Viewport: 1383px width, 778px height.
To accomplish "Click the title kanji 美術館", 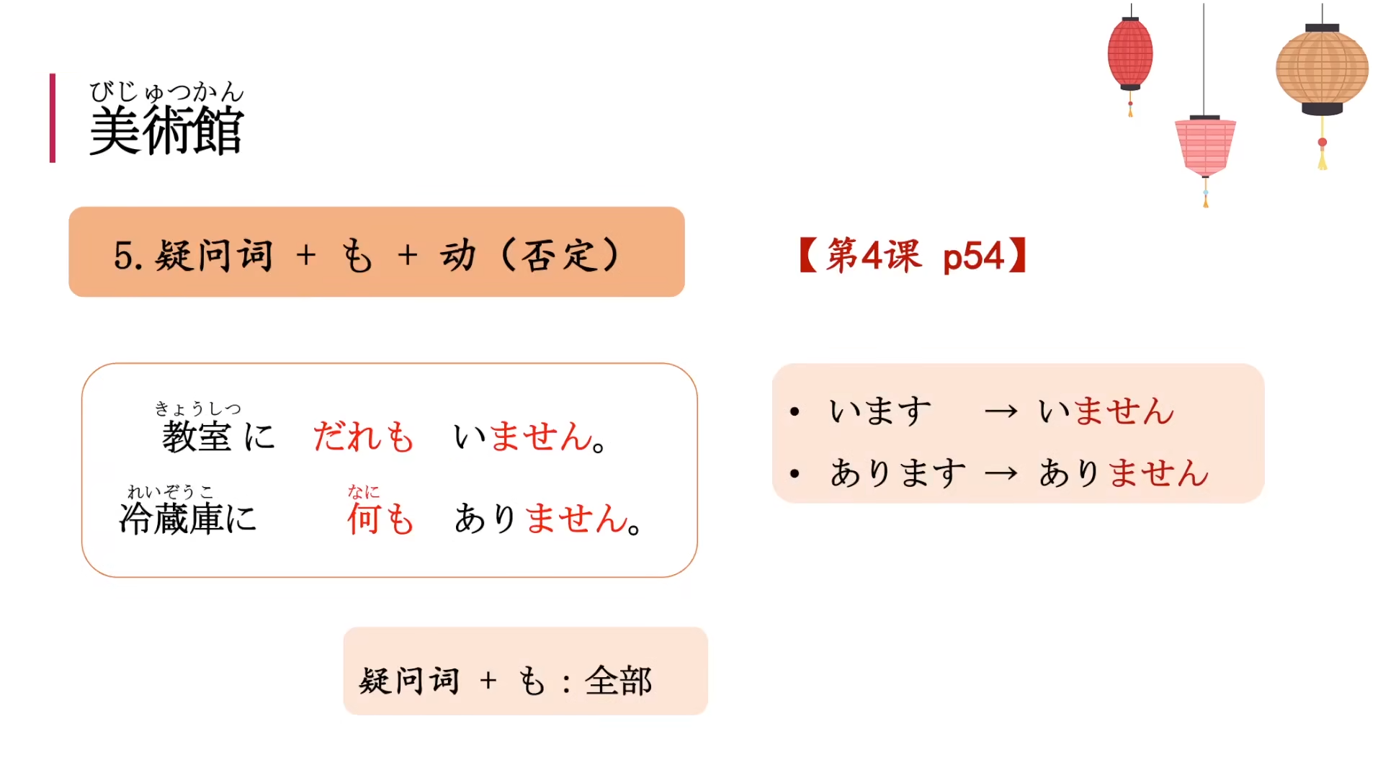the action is click(166, 131).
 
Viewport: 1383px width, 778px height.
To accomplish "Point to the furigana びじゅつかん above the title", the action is click(166, 91).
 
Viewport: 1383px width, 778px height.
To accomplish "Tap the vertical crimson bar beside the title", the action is click(53, 118).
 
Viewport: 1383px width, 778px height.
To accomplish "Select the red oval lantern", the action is click(1130, 54).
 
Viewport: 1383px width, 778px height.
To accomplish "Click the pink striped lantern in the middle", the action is click(1205, 146).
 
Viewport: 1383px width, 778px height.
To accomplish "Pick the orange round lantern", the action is click(1322, 70).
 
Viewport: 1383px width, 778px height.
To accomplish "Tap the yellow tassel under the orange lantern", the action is click(1322, 157).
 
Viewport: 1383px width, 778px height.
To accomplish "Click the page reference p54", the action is click(973, 256).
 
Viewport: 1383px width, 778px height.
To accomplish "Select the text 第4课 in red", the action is click(874, 256).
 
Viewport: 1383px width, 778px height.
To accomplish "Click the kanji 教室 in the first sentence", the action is click(196, 437).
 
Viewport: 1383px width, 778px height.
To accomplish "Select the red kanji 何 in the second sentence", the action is click(363, 519).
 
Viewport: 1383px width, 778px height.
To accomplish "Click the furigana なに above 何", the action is click(363, 492).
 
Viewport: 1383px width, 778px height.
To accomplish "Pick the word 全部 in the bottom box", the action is click(618, 681).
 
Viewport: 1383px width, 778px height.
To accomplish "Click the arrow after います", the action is click(1001, 412).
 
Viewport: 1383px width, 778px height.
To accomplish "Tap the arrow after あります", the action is click(1001, 474).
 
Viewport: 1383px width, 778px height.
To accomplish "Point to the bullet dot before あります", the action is click(795, 474).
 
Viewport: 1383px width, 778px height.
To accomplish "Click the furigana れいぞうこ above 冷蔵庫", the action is click(171, 492).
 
